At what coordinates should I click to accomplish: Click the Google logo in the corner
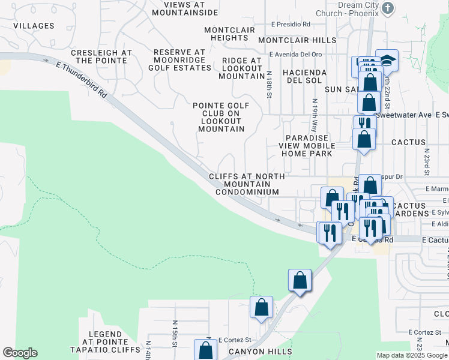point(20,353)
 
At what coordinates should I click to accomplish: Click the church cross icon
point(388,8)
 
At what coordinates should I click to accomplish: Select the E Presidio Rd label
point(291,25)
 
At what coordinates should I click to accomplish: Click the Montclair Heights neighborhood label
point(229,34)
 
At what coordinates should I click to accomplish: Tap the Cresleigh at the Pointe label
point(101,56)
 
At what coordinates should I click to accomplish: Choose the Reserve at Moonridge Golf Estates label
point(179,61)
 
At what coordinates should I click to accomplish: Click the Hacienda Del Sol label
point(307,76)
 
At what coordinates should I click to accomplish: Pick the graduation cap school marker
point(387,61)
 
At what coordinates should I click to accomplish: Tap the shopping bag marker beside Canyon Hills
point(206,349)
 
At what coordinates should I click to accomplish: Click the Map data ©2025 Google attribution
point(412,355)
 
